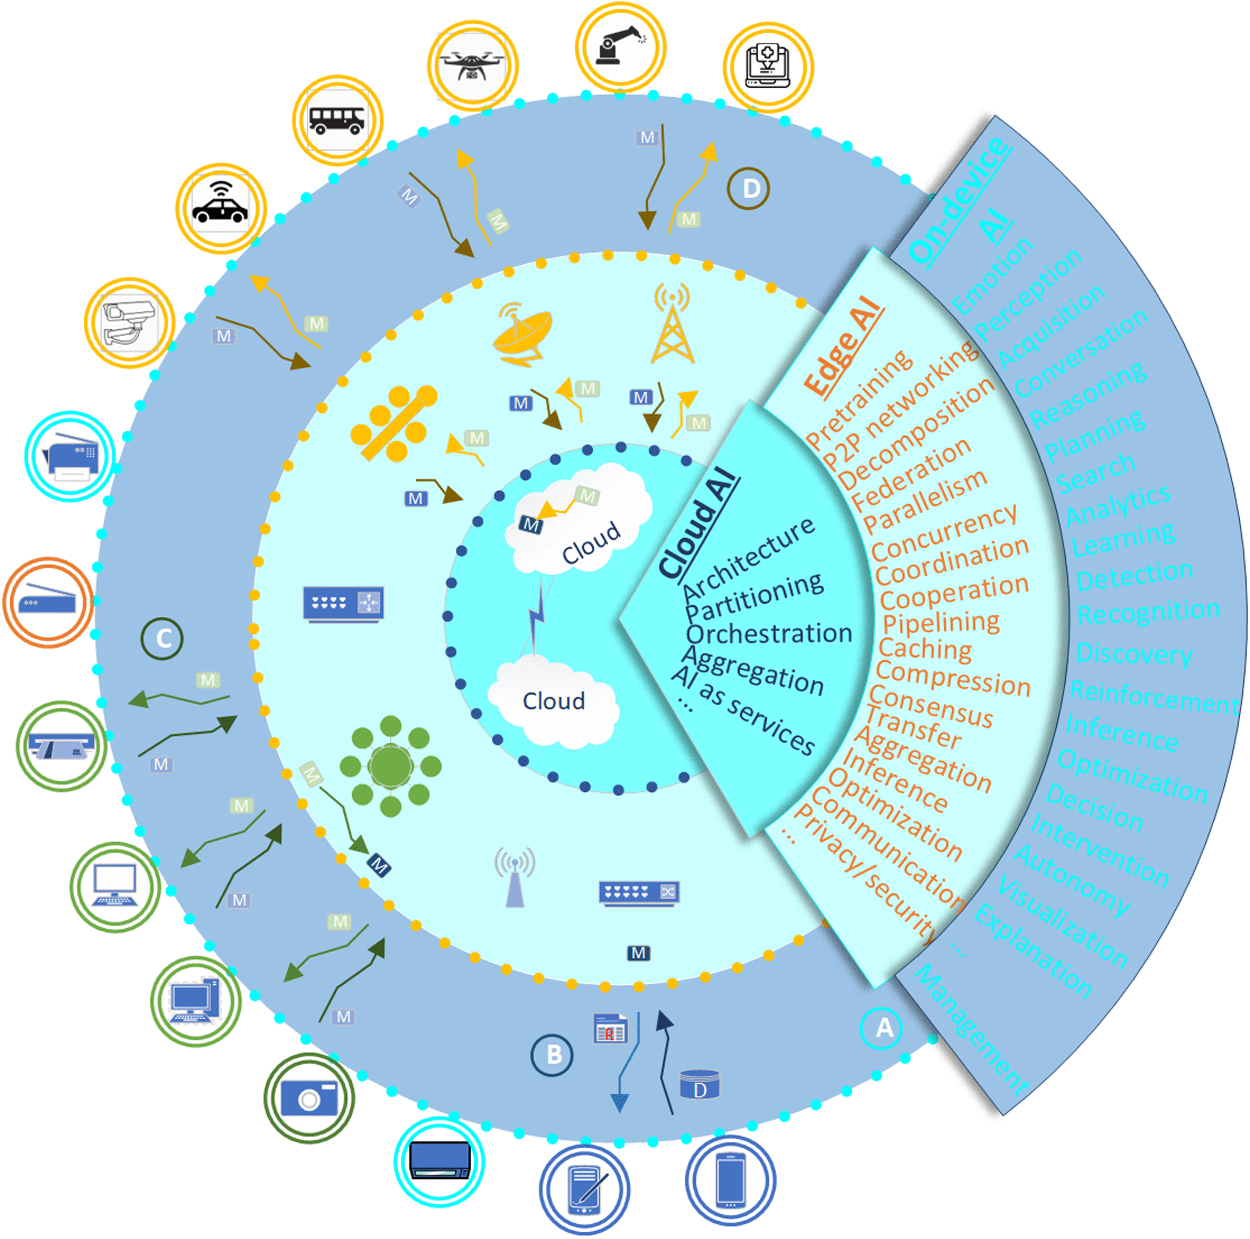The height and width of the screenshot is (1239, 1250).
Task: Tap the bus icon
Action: click(337, 120)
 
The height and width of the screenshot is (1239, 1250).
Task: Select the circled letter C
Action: click(162, 638)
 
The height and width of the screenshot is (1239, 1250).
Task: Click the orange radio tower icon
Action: click(672, 324)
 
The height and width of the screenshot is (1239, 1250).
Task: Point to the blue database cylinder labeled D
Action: click(699, 1084)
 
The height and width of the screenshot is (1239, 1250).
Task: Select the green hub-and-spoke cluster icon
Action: click(390, 767)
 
